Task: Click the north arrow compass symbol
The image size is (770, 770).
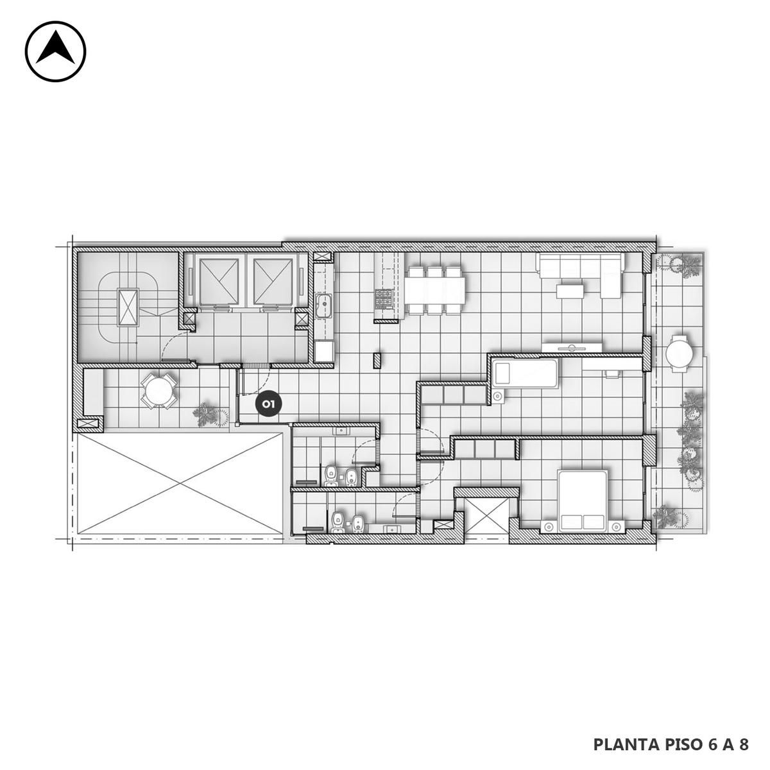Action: coord(56,51)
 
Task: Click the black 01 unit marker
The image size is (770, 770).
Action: coord(268,404)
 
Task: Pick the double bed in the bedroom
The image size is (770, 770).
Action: coord(583,502)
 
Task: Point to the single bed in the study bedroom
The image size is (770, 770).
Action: coord(525,373)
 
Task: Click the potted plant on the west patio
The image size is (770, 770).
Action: coord(210,414)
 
